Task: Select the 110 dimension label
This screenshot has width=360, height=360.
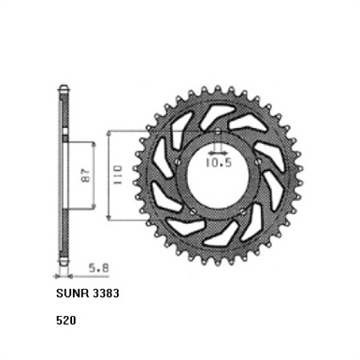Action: pyautogui.click(x=115, y=175)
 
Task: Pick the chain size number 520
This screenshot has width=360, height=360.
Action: pyautogui.click(x=64, y=319)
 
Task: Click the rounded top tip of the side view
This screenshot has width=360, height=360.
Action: pyautogui.click(x=63, y=87)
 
